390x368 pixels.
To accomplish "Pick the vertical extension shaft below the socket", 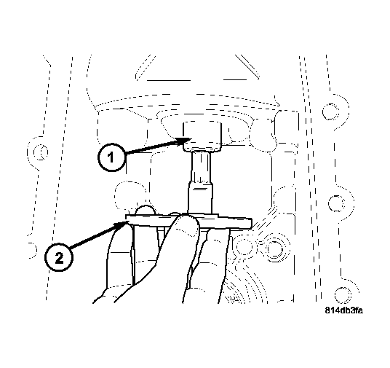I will pos(201,182).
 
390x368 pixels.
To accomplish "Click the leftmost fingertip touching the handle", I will pos(128,232).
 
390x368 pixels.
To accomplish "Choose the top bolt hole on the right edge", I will pos(331,111).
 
